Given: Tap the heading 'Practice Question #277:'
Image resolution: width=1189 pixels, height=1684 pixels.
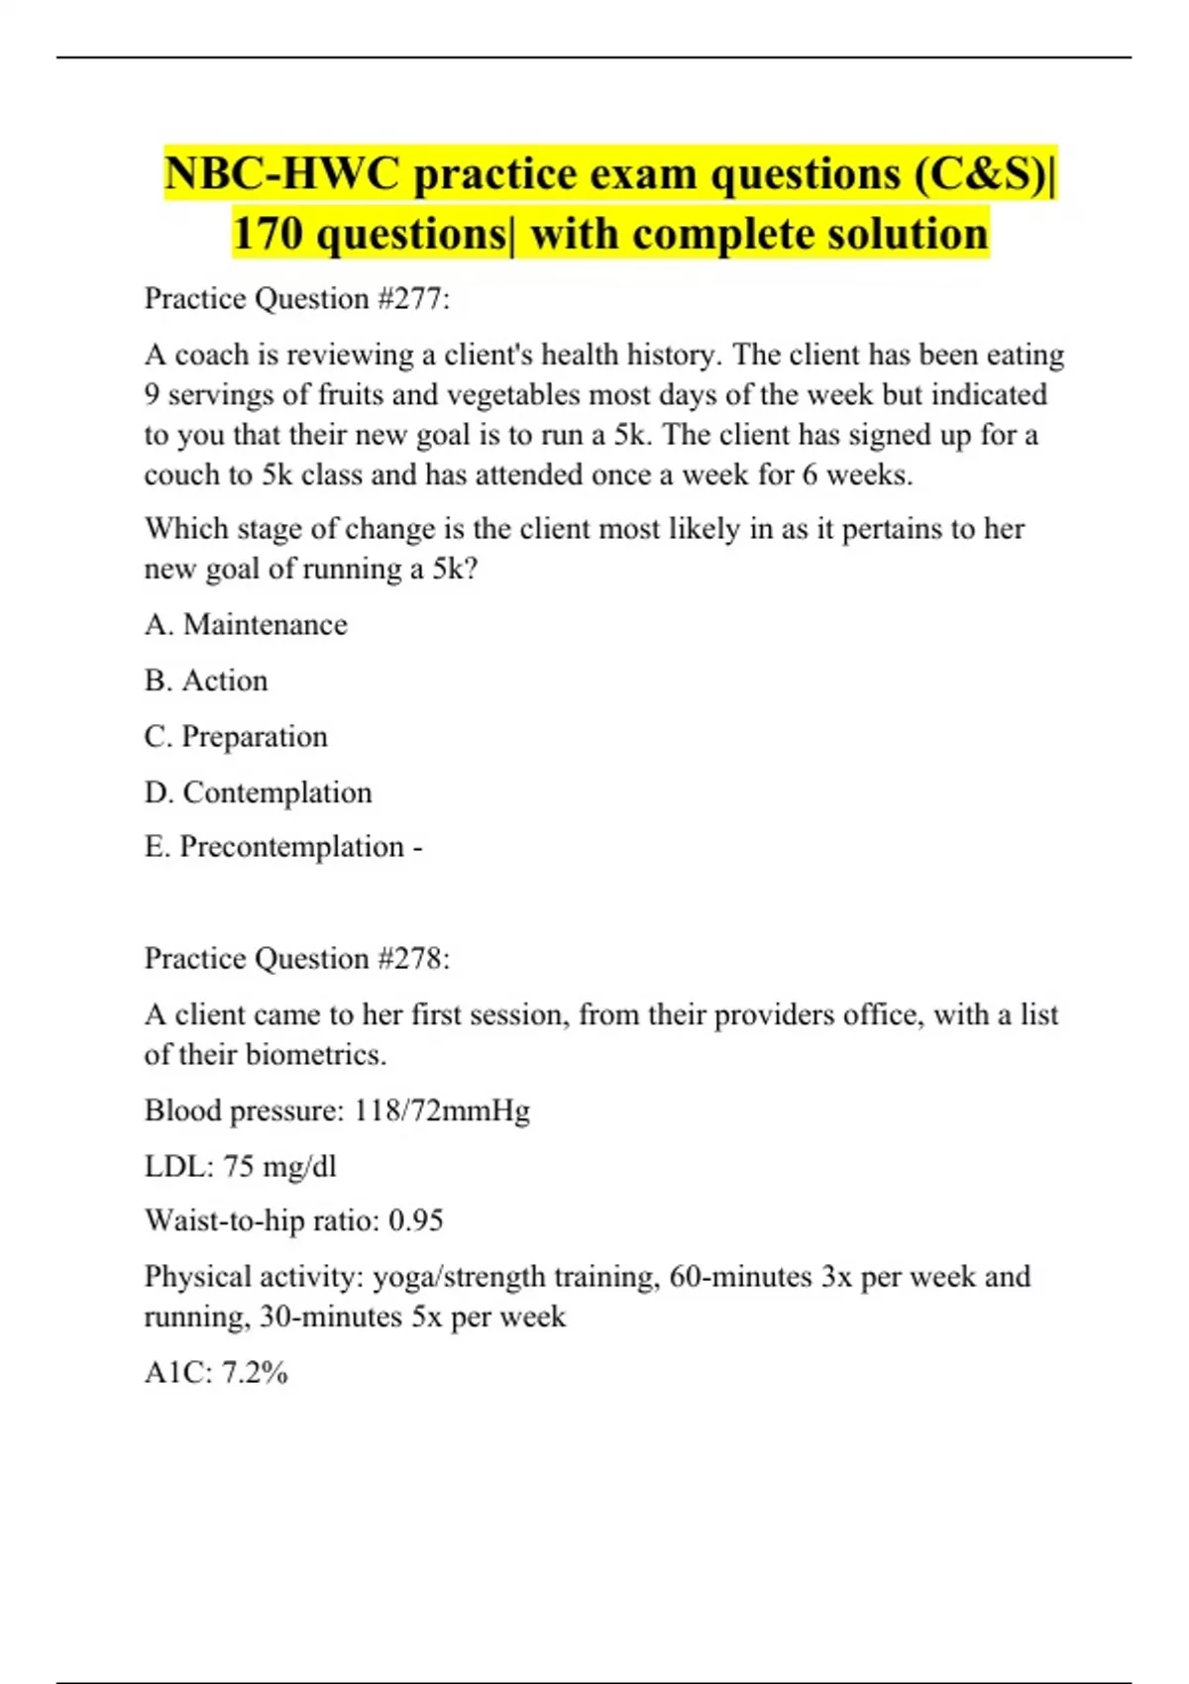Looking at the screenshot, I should tap(297, 298).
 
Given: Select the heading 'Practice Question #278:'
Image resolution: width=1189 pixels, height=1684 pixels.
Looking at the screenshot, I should tap(297, 958).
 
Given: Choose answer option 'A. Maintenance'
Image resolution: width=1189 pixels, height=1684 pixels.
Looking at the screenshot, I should tap(246, 625).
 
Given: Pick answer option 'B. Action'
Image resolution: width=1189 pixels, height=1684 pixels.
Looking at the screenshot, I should tap(206, 681).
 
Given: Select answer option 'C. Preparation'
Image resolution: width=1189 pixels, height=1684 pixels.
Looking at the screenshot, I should tap(236, 737).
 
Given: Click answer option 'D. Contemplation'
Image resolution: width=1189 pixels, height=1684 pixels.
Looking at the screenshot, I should tap(259, 792).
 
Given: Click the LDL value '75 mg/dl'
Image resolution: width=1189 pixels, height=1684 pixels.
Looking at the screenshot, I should tap(279, 1166).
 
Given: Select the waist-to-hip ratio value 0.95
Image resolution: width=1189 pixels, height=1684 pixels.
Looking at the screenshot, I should tap(415, 1220).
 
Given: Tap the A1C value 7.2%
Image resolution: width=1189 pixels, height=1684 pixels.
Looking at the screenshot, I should tap(255, 1373).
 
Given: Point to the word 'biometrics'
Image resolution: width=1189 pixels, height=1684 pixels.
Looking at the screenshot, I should tap(314, 1055).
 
